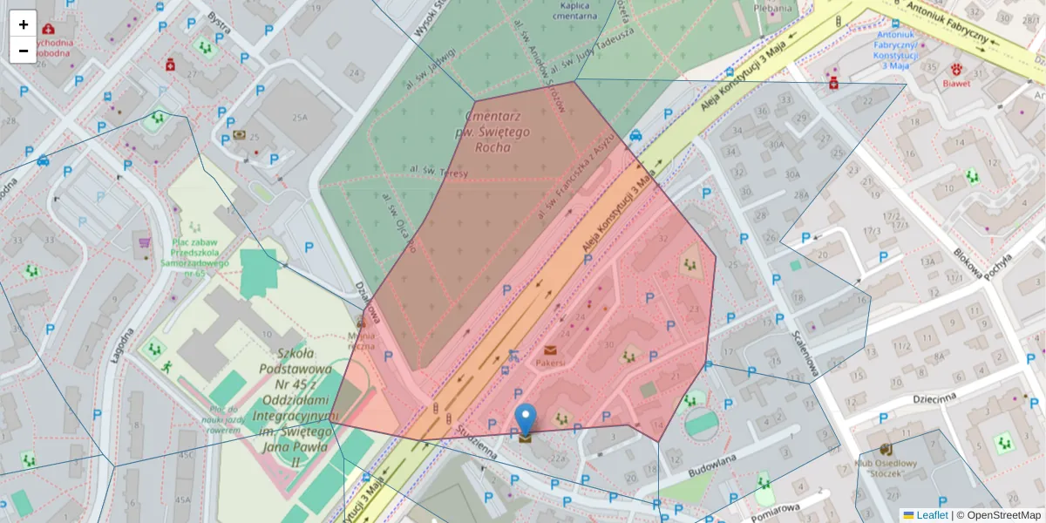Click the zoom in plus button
24,24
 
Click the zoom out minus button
24,51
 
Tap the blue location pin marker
526,418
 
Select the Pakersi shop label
550,361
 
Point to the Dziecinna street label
934,397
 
